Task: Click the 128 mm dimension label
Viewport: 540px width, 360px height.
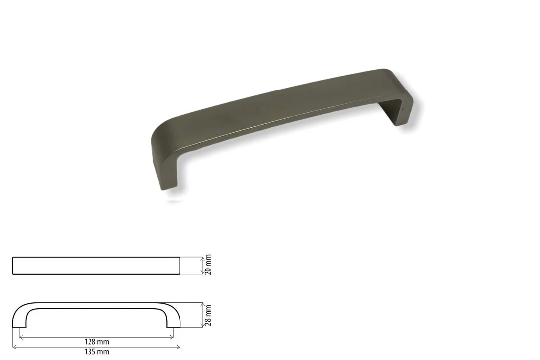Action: point(97,342)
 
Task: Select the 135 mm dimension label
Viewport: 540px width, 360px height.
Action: point(97,352)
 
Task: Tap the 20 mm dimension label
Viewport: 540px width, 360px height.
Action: point(208,265)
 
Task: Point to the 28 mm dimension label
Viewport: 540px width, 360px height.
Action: point(208,315)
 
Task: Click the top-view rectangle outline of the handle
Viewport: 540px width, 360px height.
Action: point(96,257)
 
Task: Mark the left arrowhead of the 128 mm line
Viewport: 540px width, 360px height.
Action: point(21,337)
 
